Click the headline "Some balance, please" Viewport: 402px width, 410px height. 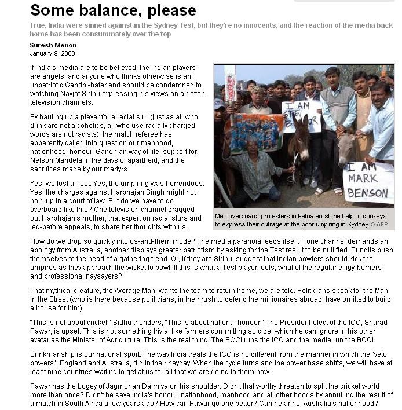tap(113, 10)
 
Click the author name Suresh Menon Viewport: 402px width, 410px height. tap(53, 45)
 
